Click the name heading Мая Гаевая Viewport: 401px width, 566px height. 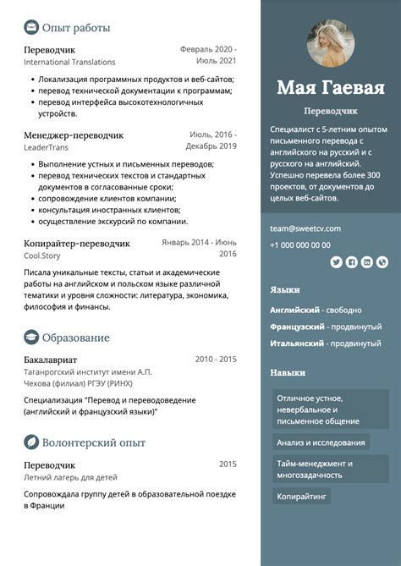[331, 88]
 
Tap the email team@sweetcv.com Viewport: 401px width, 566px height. [305, 228]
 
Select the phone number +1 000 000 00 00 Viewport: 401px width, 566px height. [300, 245]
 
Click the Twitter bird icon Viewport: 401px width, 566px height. [336, 262]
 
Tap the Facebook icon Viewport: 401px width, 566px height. [351, 262]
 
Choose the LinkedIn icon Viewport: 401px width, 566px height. [366, 262]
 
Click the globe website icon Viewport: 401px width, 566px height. [382, 262]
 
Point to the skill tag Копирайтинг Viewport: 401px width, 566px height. [301, 496]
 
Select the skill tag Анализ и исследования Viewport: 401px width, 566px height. [321, 442]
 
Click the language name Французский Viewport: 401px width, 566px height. [298, 327]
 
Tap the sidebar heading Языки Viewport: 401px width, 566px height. [285, 289]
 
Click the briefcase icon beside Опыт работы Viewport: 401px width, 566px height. [31, 28]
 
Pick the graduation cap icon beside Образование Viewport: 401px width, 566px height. [31, 338]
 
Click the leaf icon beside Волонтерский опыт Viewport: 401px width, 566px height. [31, 442]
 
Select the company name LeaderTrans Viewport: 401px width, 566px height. [46, 148]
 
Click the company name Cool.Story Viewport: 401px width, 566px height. [43, 256]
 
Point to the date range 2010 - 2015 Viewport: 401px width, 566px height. [216, 360]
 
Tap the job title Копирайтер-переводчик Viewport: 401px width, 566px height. [77, 244]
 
